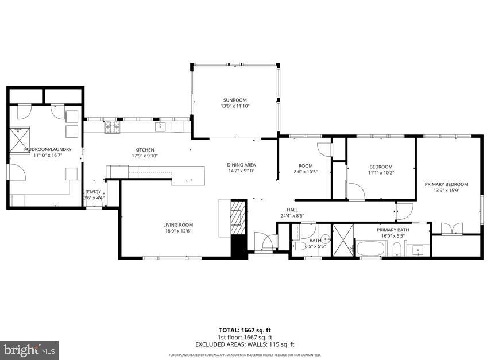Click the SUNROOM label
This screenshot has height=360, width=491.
click(235, 100)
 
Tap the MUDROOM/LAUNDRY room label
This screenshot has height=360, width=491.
click(48, 149)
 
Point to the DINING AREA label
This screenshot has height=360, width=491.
click(241, 165)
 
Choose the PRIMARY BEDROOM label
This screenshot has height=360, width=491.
click(446, 184)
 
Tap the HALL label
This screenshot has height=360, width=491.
click(292, 210)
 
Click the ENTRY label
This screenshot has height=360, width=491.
click(93, 192)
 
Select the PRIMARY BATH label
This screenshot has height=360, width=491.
click(392, 230)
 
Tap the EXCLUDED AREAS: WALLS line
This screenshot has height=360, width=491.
click(245, 344)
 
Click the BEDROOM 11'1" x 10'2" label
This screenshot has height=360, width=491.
click(381, 169)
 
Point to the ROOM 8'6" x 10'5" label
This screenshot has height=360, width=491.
click(304, 168)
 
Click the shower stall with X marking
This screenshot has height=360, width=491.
click(343, 240)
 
